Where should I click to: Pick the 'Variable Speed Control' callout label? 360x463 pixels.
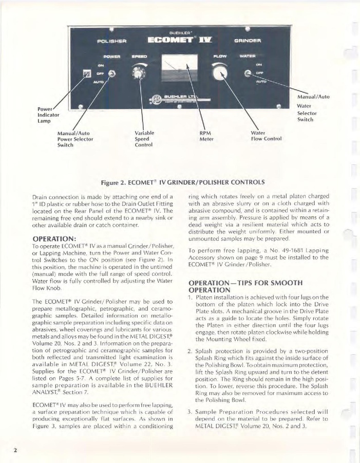(x=144, y=139)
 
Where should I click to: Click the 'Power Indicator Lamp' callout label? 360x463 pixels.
(x=49, y=115)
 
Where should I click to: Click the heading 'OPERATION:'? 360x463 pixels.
(x=54, y=238)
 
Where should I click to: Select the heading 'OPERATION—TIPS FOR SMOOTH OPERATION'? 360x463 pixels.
(x=245, y=286)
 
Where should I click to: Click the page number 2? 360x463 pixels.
(x=16, y=450)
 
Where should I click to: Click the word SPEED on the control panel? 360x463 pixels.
(x=139, y=55)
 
